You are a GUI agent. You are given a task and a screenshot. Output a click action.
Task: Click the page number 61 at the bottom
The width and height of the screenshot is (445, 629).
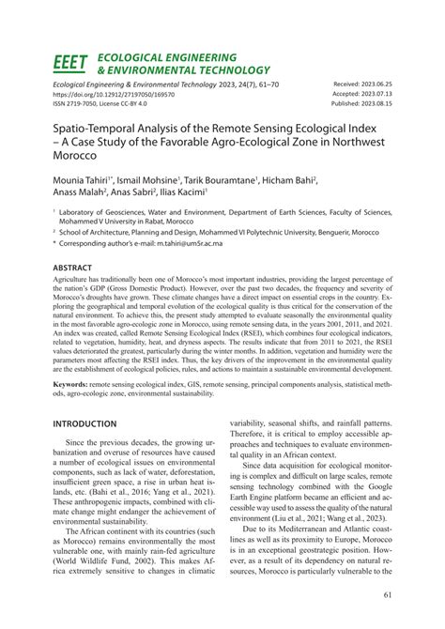(x=388, y=594)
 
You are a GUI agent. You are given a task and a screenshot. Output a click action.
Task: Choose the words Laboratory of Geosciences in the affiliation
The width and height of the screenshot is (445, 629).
(x=103, y=213)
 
